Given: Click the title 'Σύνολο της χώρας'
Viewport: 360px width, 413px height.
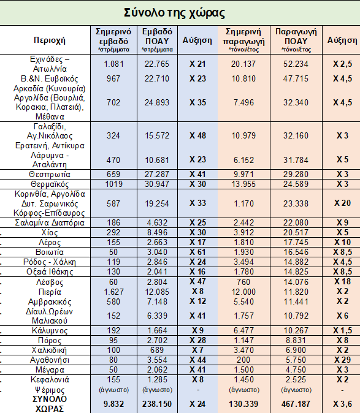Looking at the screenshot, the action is point(174,13).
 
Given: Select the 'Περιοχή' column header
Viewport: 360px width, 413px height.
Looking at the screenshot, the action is point(50,40).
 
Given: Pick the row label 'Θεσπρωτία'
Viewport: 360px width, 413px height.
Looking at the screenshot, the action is point(50,175).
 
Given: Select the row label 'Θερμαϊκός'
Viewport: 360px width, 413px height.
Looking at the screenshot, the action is point(50,184).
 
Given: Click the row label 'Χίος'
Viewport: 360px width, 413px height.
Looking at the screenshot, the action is point(50,233).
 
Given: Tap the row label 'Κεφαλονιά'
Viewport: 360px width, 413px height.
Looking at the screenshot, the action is point(50,379).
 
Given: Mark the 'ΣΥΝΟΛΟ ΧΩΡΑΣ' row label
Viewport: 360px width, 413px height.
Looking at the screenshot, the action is point(50,404).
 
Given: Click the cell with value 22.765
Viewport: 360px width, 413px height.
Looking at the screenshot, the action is point(157,64).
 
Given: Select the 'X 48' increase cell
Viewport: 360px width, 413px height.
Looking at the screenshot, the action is point(197,135).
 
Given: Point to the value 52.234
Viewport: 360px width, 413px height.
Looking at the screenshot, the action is point(296,64).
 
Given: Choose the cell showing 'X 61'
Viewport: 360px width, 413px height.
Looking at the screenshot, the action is point(197,252).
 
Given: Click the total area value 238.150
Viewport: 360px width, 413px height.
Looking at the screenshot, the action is point(157,404).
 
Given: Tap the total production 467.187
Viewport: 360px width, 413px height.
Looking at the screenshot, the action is point(296,404).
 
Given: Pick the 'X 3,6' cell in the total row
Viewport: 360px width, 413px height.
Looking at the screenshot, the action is point(342,404).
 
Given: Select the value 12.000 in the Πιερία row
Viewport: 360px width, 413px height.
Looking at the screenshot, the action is point(243,292).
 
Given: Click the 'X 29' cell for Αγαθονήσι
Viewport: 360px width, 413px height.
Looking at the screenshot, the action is point(342,360).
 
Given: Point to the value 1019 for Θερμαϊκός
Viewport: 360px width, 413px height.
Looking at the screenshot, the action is point(113,184).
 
